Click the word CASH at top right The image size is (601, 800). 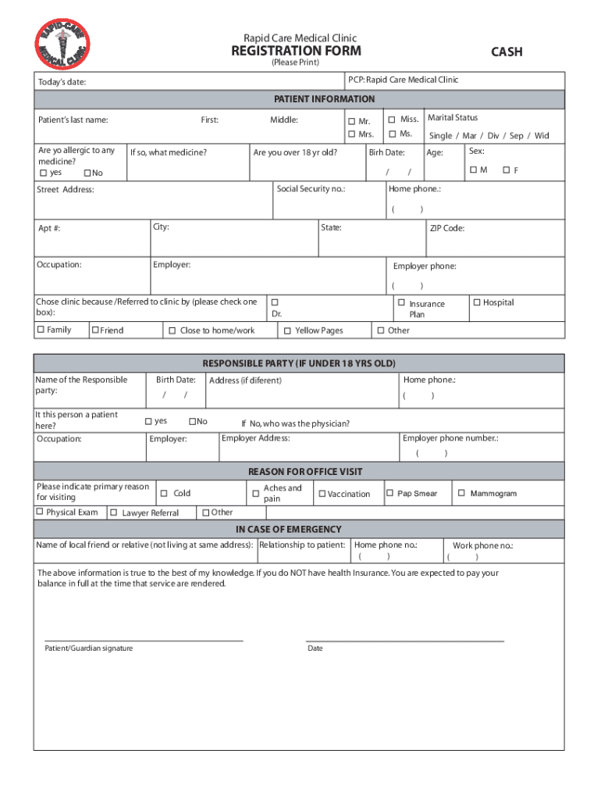507,52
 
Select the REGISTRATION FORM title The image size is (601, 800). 296,51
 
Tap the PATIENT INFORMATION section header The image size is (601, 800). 324,99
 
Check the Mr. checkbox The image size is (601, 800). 352,121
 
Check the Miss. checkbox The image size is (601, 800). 392,119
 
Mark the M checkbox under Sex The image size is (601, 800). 473,170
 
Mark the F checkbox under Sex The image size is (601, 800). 506,170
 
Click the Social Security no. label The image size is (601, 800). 311,189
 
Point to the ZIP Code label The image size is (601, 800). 447,228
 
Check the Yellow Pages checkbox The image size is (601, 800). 287,331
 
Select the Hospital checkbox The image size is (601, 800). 476,302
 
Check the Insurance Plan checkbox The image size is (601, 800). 401,302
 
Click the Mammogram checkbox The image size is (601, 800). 461,493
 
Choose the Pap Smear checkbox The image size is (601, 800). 389,493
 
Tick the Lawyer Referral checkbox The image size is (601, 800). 114,512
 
